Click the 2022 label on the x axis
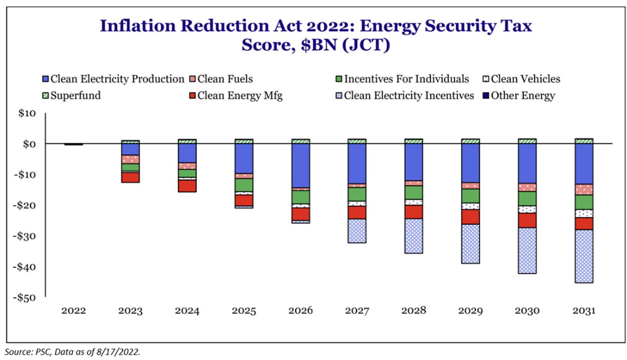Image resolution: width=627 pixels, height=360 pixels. point(73,311)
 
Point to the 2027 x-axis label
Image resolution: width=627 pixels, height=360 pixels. point(357,311)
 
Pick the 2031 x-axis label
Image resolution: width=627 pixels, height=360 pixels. point(583,311)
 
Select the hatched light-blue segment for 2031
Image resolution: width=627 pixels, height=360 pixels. point(583,256)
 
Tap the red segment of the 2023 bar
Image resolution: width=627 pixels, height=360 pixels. point(130,177)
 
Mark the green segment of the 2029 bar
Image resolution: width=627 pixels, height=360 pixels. point(470,196)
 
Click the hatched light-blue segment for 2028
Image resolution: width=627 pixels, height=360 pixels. point(413,236)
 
